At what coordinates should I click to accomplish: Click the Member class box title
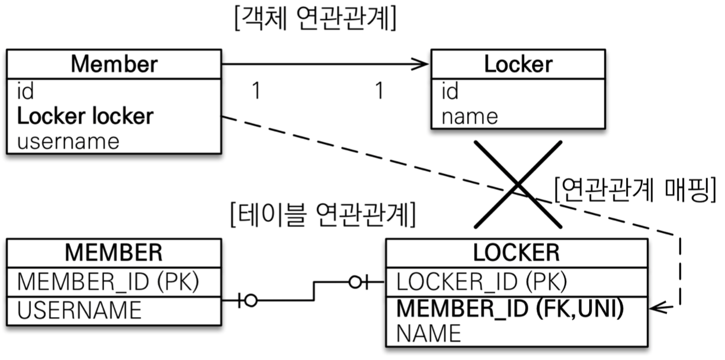click(x=113, y=64)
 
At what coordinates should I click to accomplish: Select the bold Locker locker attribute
click(x=85, y=116)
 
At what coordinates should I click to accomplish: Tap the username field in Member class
click(x=68, y=141)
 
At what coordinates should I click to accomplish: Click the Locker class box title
click(x=518, y=64)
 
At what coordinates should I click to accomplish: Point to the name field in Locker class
click(x=469, y=116)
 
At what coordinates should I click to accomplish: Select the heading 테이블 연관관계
click(x=322, y=215)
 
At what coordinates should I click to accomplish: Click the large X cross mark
click(x=518, y=184)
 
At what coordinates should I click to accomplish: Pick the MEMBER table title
click(x=113, y=253)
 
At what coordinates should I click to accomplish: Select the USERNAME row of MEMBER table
click(x=80, y=310)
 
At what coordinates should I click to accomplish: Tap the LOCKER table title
click(x=516, y=253)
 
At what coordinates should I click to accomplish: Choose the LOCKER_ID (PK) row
click(x=482, y=282)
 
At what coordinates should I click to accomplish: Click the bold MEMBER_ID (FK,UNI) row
click(x=509, y=309)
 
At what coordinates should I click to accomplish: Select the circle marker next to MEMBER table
click(x=251, y=301)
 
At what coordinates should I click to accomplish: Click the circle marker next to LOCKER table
click(x=356, y=283)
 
